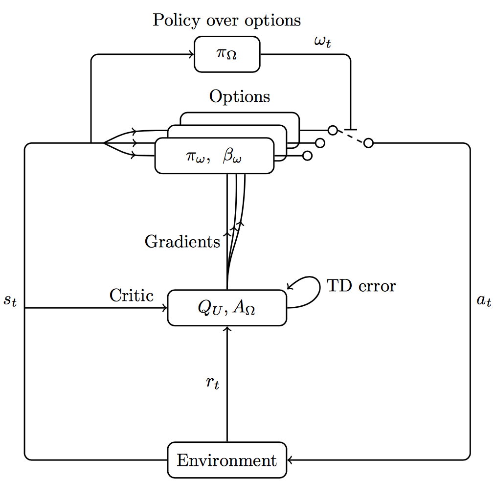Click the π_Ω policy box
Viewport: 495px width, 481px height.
227,54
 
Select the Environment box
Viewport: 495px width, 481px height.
227,460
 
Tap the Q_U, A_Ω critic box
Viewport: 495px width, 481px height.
227,308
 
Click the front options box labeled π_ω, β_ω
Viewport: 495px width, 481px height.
214,156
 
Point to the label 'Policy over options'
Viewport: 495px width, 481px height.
226,21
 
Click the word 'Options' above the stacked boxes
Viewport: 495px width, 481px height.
239,96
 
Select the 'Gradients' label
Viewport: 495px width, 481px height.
182,242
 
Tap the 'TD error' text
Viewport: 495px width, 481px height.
361,286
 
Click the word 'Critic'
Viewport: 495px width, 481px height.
131,296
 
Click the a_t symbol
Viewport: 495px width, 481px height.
484,300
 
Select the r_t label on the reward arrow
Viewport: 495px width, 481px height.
212,383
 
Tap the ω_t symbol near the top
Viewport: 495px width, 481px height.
323,42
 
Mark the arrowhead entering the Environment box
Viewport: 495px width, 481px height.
290,460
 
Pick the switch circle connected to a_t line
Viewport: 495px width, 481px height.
369,143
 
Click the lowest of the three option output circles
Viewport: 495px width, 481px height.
307,156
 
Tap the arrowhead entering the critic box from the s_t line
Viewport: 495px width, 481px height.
165,308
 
